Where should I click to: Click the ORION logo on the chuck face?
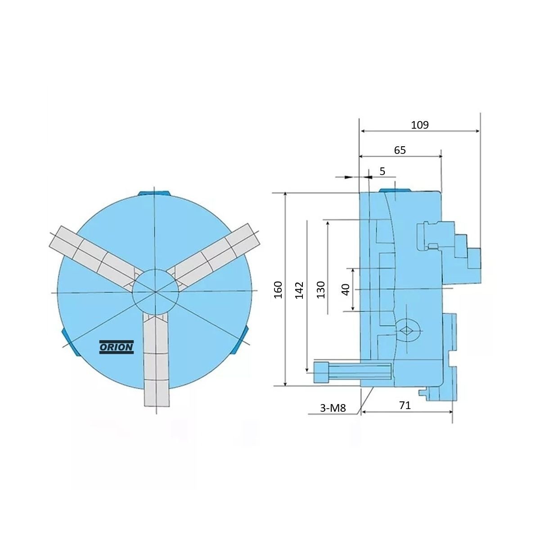(x=117, y=347)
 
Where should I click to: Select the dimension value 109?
(x=420, y=125)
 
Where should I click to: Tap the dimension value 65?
(x=400, y=150)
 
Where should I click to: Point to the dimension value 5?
(x=382, y=171)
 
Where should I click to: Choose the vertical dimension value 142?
(x=299, y=290)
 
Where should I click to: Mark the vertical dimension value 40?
(x=346, y=289)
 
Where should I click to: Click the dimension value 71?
(x=405, y=405)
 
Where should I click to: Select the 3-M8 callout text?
(x=333, y=408)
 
